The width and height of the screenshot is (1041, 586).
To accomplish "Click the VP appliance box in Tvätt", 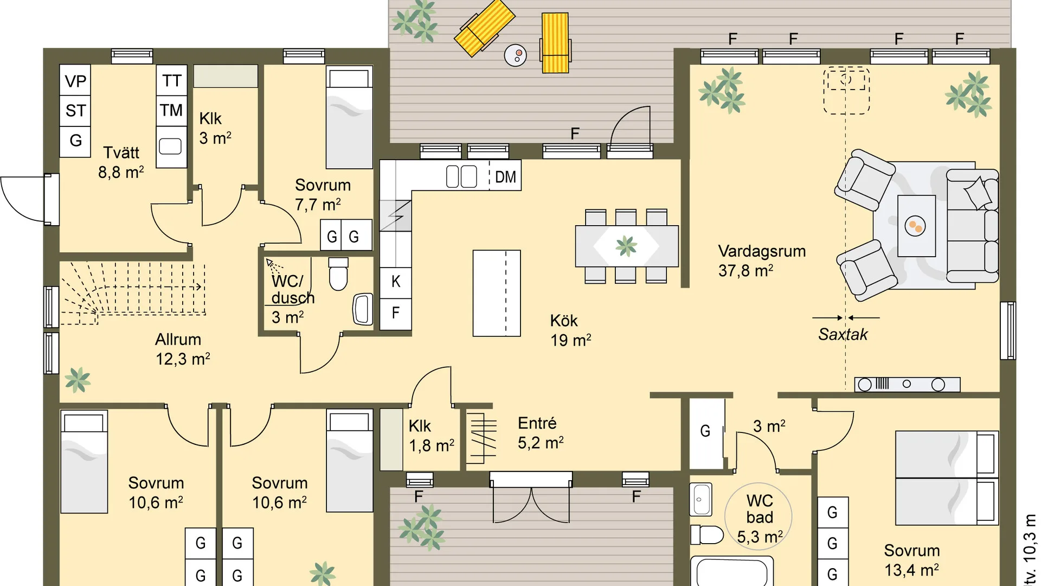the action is click(x=75, y=80).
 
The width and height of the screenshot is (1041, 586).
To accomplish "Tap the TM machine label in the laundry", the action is click(x=171, y=110).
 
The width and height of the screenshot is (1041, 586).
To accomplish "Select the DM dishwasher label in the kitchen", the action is click(x=505, y=177).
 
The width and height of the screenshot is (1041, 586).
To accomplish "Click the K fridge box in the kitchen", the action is click(x=395, y=282).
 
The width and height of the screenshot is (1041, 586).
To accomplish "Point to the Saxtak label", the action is click(x=843, y=334).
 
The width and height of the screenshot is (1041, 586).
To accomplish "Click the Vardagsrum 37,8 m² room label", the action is click(x=762, y=260).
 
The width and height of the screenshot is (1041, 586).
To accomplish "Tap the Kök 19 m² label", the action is click(x=570, y=330).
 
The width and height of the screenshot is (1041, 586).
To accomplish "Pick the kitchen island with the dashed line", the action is click(x=497, y=293).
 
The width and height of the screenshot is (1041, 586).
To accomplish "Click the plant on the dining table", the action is click(x=626, y=246).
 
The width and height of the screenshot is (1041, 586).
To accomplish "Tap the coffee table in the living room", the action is click(x=916, y=226).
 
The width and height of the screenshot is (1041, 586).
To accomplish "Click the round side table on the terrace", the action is click(x=515, y=55).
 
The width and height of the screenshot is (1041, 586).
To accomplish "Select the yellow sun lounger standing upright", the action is click(x=555, y=43).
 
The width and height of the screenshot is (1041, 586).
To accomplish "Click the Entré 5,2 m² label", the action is click(x=541, y=433).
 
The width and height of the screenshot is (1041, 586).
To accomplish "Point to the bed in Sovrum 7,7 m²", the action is click(x=349, y=117).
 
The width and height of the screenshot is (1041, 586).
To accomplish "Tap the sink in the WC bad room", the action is click(x=701, y=499).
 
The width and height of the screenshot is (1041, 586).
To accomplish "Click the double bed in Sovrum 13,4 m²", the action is click(x=947, y=478).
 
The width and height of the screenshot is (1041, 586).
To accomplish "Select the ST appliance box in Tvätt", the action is click(x=75, y=111).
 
